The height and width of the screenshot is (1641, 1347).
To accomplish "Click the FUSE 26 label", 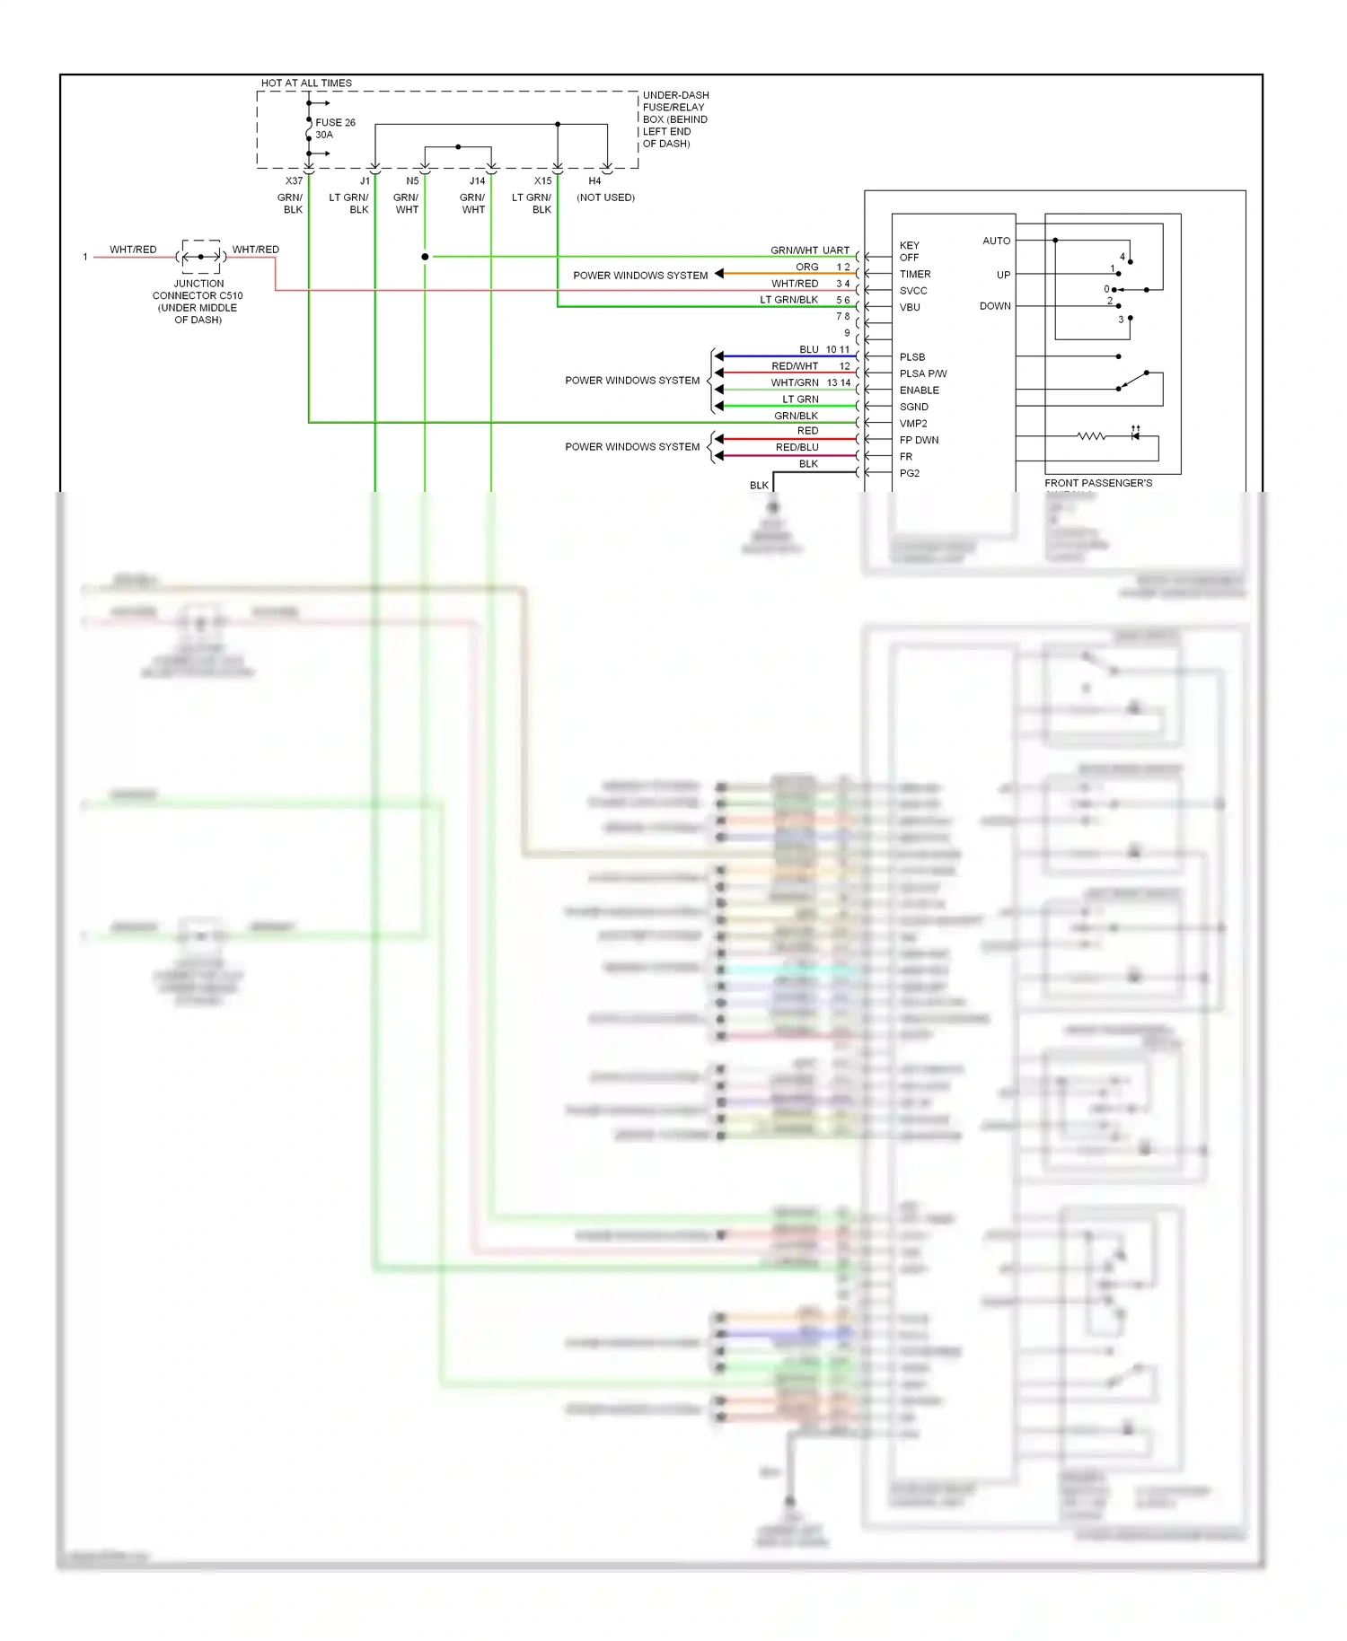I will pos(335,123).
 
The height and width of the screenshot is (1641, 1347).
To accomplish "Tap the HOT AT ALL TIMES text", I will pos(306,83).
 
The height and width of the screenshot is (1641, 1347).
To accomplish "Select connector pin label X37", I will pos(294,181).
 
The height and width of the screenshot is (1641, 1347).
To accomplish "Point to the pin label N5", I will pos(412,181).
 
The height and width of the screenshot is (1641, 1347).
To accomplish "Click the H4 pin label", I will pos(594,181).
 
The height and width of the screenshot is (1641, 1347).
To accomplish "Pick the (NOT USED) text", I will pos(605,197).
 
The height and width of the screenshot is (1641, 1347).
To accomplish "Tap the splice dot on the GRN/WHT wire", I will pos(425,257).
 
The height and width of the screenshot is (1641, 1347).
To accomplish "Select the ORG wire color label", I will pos(806,268).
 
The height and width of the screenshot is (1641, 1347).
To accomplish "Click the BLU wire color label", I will pos(808,350).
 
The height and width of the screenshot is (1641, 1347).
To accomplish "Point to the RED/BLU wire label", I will pos(797,448).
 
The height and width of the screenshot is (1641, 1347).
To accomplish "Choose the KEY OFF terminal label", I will pos(909,251).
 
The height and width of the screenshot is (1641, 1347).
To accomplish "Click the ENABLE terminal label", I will pos(919,391).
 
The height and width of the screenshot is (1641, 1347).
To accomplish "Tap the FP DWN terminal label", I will pos(919,441).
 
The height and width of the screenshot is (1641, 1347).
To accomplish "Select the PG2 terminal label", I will pos(909,474).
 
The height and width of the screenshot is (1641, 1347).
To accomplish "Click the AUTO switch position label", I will pos(996,241).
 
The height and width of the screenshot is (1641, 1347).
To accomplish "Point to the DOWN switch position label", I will pos(995,306).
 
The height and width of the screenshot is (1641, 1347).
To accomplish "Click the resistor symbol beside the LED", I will pos(1091,436).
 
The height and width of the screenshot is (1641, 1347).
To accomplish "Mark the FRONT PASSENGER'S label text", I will pos(1097,483).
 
